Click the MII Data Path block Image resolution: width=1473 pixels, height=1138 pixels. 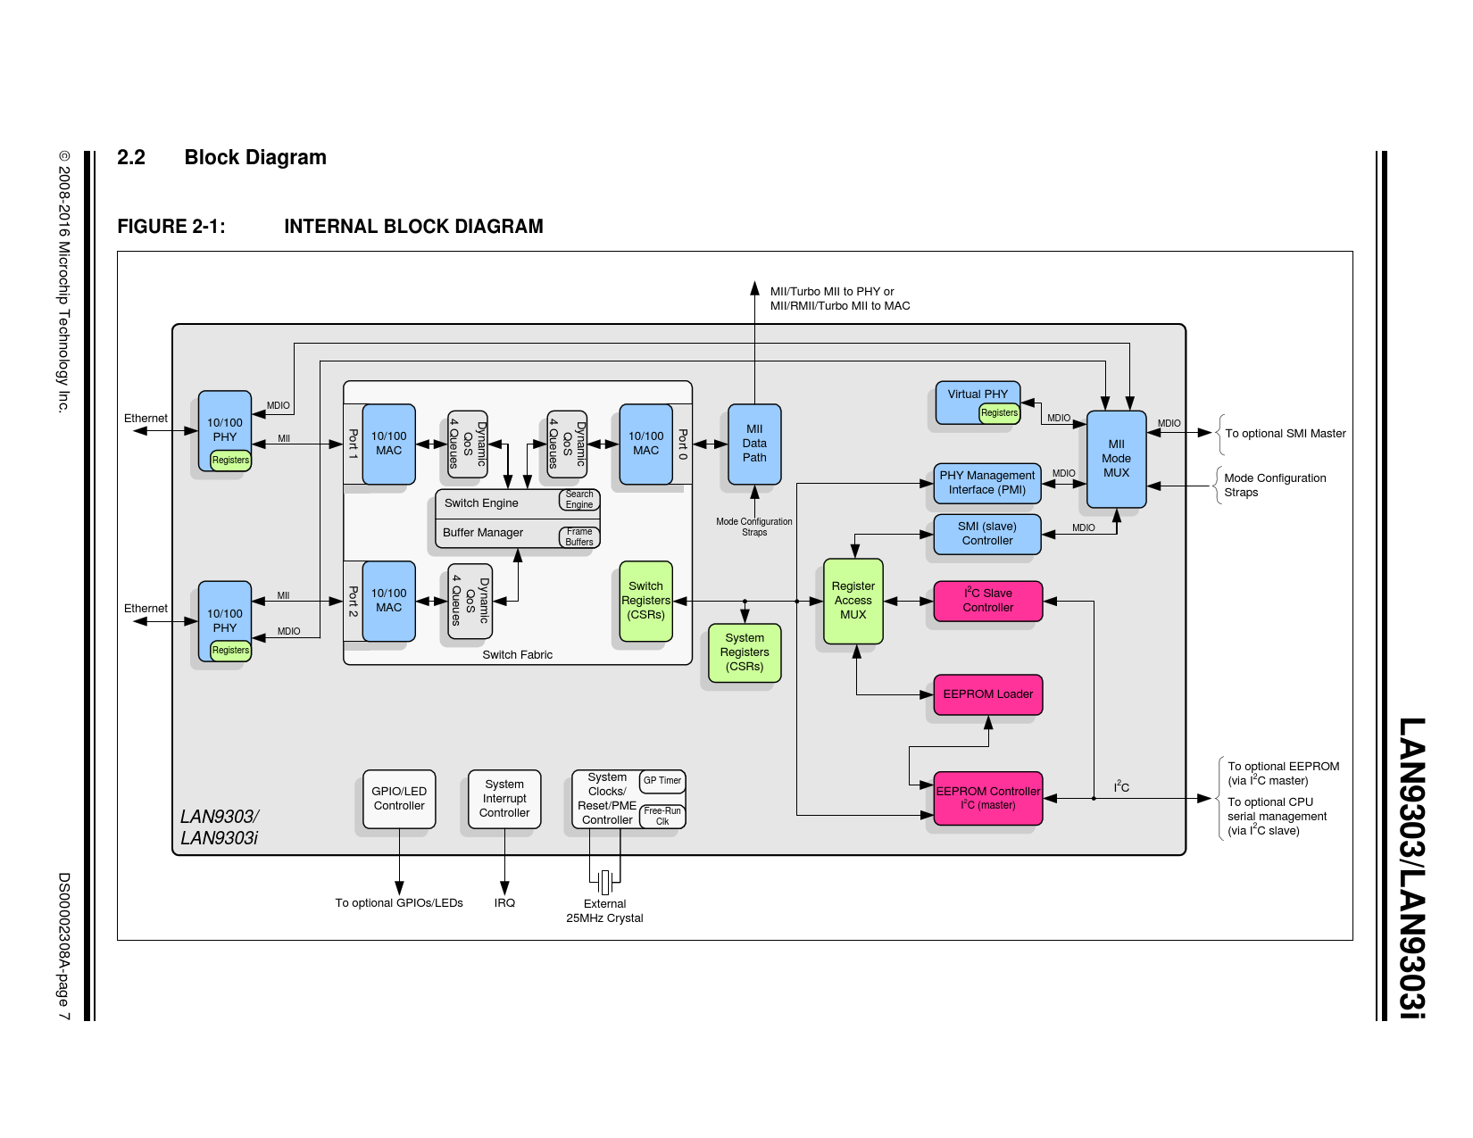(x=754, y=444)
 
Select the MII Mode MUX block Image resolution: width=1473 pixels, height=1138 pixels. (x=1116, y=459)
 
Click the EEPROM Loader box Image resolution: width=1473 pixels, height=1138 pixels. (x=987, y=694)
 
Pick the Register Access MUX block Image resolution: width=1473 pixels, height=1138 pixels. (x=853, y=601)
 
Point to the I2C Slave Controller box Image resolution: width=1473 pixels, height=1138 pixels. (x=987, y=601)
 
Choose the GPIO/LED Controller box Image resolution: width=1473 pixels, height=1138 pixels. (x=399, y=799)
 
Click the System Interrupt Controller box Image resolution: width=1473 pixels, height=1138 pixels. (x=504, y=799)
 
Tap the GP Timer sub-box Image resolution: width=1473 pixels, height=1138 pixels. (x=662, y=781)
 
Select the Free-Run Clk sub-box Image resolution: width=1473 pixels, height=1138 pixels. (x=662, y=816)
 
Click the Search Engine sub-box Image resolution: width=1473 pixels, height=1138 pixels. (x=579, y=500)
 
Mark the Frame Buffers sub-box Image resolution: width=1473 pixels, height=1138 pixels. (x=579, y=536)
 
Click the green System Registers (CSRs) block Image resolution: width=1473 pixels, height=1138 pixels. (x=745, y=652)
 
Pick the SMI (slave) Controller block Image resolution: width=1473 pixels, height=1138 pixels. (x=987, y=534)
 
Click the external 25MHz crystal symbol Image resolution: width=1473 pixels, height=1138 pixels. (x=605, y=882)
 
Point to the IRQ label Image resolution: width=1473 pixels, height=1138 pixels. (x=504, y=903)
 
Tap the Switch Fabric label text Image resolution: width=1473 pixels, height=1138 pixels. (x=517, y=655)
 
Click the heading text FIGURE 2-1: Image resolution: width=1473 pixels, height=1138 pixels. (x=171, y=227)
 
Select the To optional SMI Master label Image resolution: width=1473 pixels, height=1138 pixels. (x=1285, y=434)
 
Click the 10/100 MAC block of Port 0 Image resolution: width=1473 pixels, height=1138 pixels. (x=645, y=444)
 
